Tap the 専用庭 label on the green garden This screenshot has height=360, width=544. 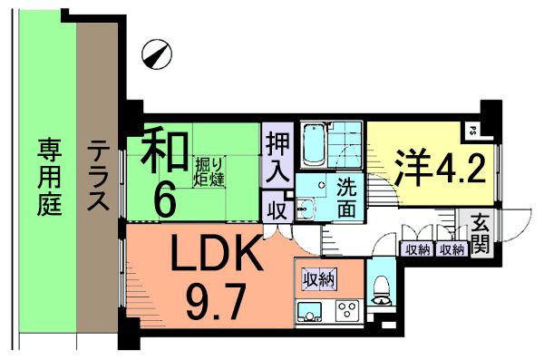[49, 176]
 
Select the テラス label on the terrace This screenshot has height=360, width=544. [96, 176]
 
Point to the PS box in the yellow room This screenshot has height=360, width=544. [473, 130]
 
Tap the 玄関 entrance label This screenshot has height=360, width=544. [478, 234]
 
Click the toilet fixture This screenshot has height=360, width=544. [381, 288]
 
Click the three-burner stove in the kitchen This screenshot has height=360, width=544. [347, 312]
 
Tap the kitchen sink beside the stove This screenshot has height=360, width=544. [311, 313]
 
